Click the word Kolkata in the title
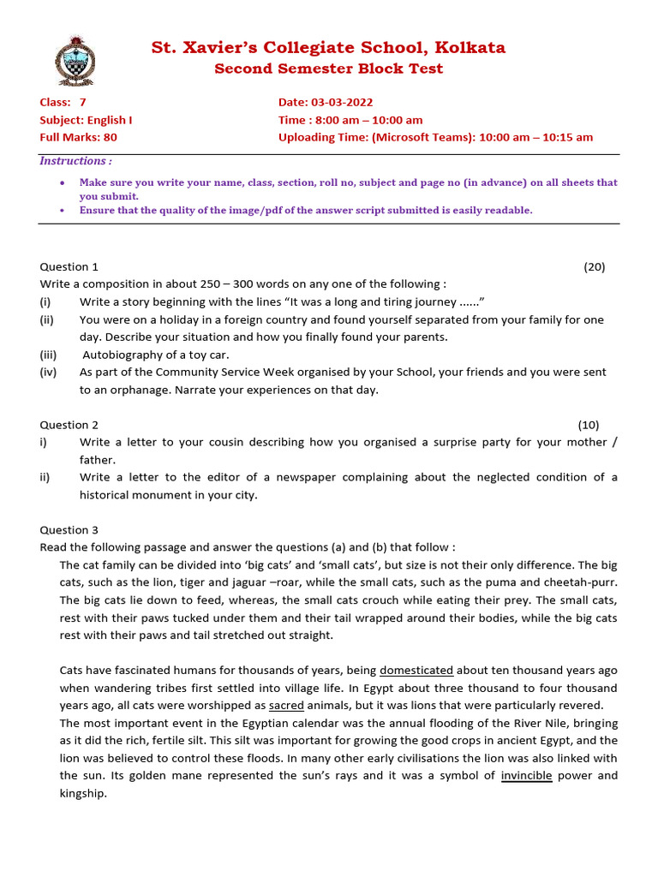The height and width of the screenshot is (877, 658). click(470, 48)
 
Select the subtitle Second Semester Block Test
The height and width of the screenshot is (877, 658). click(328, 69)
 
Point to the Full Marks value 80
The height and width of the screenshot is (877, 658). click(110, 137)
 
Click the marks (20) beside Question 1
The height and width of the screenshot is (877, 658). click(594, 266)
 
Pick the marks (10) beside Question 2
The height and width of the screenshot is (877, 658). click(588, 425)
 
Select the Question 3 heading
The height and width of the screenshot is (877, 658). click(69, 530)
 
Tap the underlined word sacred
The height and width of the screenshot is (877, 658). click(286, 706)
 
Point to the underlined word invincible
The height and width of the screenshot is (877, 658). click(526, 776)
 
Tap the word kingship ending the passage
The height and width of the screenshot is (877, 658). click(83, 794)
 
